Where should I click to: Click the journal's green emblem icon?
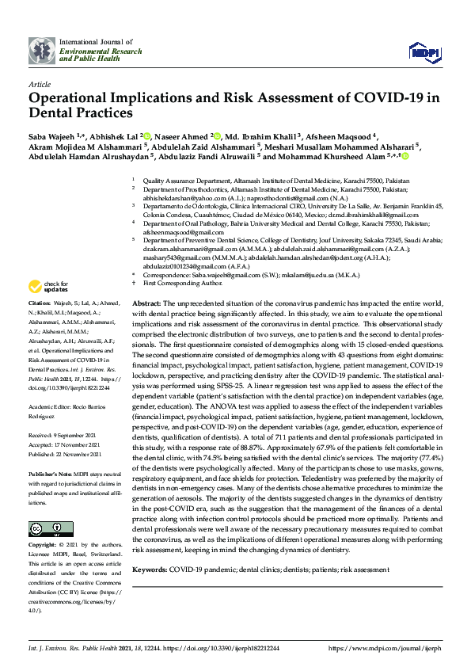[x=42, y=50]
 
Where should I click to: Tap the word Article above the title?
[x=39, y=83]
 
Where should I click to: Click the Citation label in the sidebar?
[x=40, y=303]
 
